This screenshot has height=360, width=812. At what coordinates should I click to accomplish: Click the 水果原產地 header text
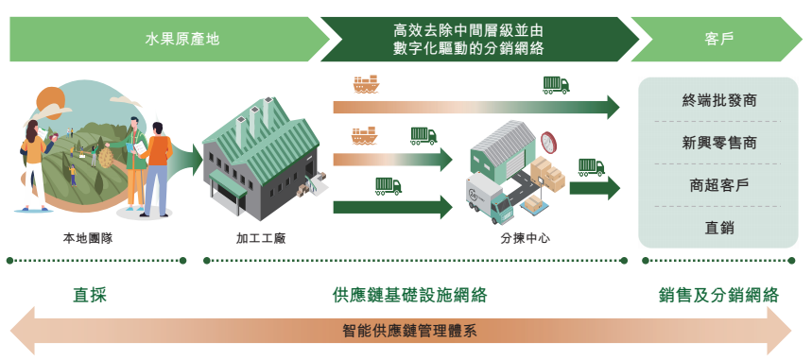[182, 40]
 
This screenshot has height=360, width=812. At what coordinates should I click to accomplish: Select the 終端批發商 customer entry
[719, 100]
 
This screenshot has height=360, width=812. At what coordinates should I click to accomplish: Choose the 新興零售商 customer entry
[719, 143]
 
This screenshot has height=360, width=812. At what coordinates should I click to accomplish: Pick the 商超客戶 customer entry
[719, 185]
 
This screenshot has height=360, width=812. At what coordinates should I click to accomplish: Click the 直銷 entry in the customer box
[719, 228]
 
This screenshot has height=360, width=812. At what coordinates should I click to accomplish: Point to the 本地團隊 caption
[88, 238]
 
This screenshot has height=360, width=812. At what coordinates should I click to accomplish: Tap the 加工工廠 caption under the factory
[261, 238]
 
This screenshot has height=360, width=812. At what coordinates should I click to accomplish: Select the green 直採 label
[90, 295]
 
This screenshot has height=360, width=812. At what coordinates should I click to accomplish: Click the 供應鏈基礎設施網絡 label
[409, 295]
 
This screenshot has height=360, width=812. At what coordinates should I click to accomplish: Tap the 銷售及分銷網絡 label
[718, 295]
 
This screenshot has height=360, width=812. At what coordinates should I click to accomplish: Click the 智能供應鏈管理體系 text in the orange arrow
[409, 331]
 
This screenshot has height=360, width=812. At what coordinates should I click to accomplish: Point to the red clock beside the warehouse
[548, 142]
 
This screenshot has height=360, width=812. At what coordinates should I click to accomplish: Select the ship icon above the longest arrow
[367, 84]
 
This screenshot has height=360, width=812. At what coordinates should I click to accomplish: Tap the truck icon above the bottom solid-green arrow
[389, 186]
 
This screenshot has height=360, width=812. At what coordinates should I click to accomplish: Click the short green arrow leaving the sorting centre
[595, 188]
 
